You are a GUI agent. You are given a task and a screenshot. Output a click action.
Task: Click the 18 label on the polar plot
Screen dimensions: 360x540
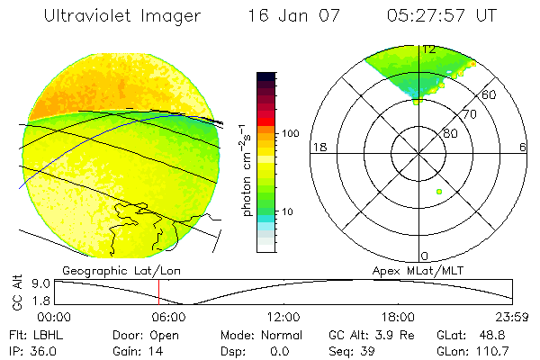(x=317, y=148)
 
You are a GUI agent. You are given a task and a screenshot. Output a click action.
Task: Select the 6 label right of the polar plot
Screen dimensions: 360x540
(x=523, y=148)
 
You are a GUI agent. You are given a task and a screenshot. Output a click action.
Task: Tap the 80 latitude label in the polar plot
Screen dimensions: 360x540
(x=449, y=133)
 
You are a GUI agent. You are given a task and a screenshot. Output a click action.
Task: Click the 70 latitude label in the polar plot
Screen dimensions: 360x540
(x=468, y=114)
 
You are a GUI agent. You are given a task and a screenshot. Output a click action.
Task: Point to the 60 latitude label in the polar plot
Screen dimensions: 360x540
(x=490, y=94)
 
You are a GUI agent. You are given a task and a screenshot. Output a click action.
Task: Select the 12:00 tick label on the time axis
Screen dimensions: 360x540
(x=283, y=317)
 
